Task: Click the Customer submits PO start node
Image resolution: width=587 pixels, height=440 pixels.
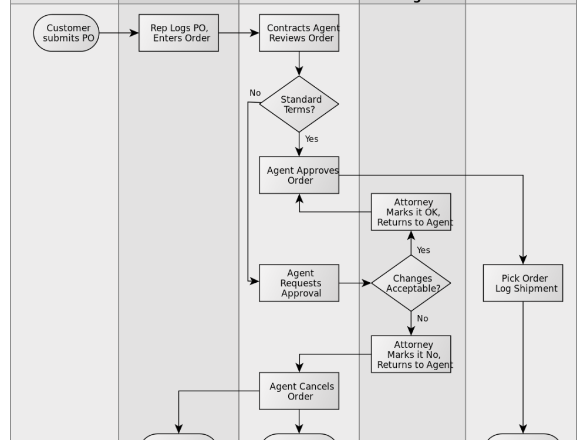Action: pos(65,33)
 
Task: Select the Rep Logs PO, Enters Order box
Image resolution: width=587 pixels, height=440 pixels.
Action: pos(178,33)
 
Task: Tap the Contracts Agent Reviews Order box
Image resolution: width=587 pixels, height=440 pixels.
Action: pos(299,33)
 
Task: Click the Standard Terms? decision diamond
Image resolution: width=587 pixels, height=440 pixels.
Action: pos(299,104)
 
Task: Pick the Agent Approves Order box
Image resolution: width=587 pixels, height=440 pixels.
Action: pos(299,175)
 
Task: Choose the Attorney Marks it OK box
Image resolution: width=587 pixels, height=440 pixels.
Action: pos(411,212)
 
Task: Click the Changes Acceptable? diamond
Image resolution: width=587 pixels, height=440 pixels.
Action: pos(411,283)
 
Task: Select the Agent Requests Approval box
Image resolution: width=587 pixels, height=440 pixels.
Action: pos(299,283)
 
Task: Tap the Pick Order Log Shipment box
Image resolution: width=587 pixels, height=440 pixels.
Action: pos(522,283)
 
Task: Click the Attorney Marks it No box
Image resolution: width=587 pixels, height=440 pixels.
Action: pos(411,354)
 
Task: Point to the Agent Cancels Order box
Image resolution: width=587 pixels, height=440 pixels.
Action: pos(299,391)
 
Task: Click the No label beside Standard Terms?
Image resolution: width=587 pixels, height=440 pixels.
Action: pos(255,93)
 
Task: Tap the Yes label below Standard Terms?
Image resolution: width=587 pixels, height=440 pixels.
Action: pos(312,139)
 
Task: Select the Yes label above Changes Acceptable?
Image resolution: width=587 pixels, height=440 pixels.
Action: pos(423,250)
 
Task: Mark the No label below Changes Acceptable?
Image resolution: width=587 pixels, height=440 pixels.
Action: pos(422,318)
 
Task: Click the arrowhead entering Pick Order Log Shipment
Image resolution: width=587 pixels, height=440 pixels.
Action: pos(522,260)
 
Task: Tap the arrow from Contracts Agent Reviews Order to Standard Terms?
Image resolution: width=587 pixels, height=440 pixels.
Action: pos(299,63)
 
